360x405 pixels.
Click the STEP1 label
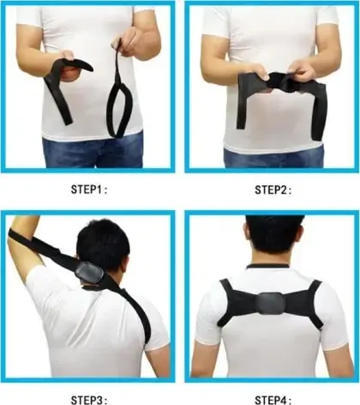[89, 190]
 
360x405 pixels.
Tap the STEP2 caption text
[273, 190]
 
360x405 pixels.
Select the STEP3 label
[89, 400]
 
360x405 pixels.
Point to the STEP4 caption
[273, 400]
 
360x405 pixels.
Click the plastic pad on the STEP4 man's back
[270, 304]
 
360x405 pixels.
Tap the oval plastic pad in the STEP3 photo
[89, 272]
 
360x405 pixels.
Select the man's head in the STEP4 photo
[273, 239]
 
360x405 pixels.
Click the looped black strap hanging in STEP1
[117, 94]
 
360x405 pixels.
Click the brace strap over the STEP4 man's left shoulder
[227, 303]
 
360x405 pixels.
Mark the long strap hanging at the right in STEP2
[319, 112]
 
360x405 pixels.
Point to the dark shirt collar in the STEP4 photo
[267, 266]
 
